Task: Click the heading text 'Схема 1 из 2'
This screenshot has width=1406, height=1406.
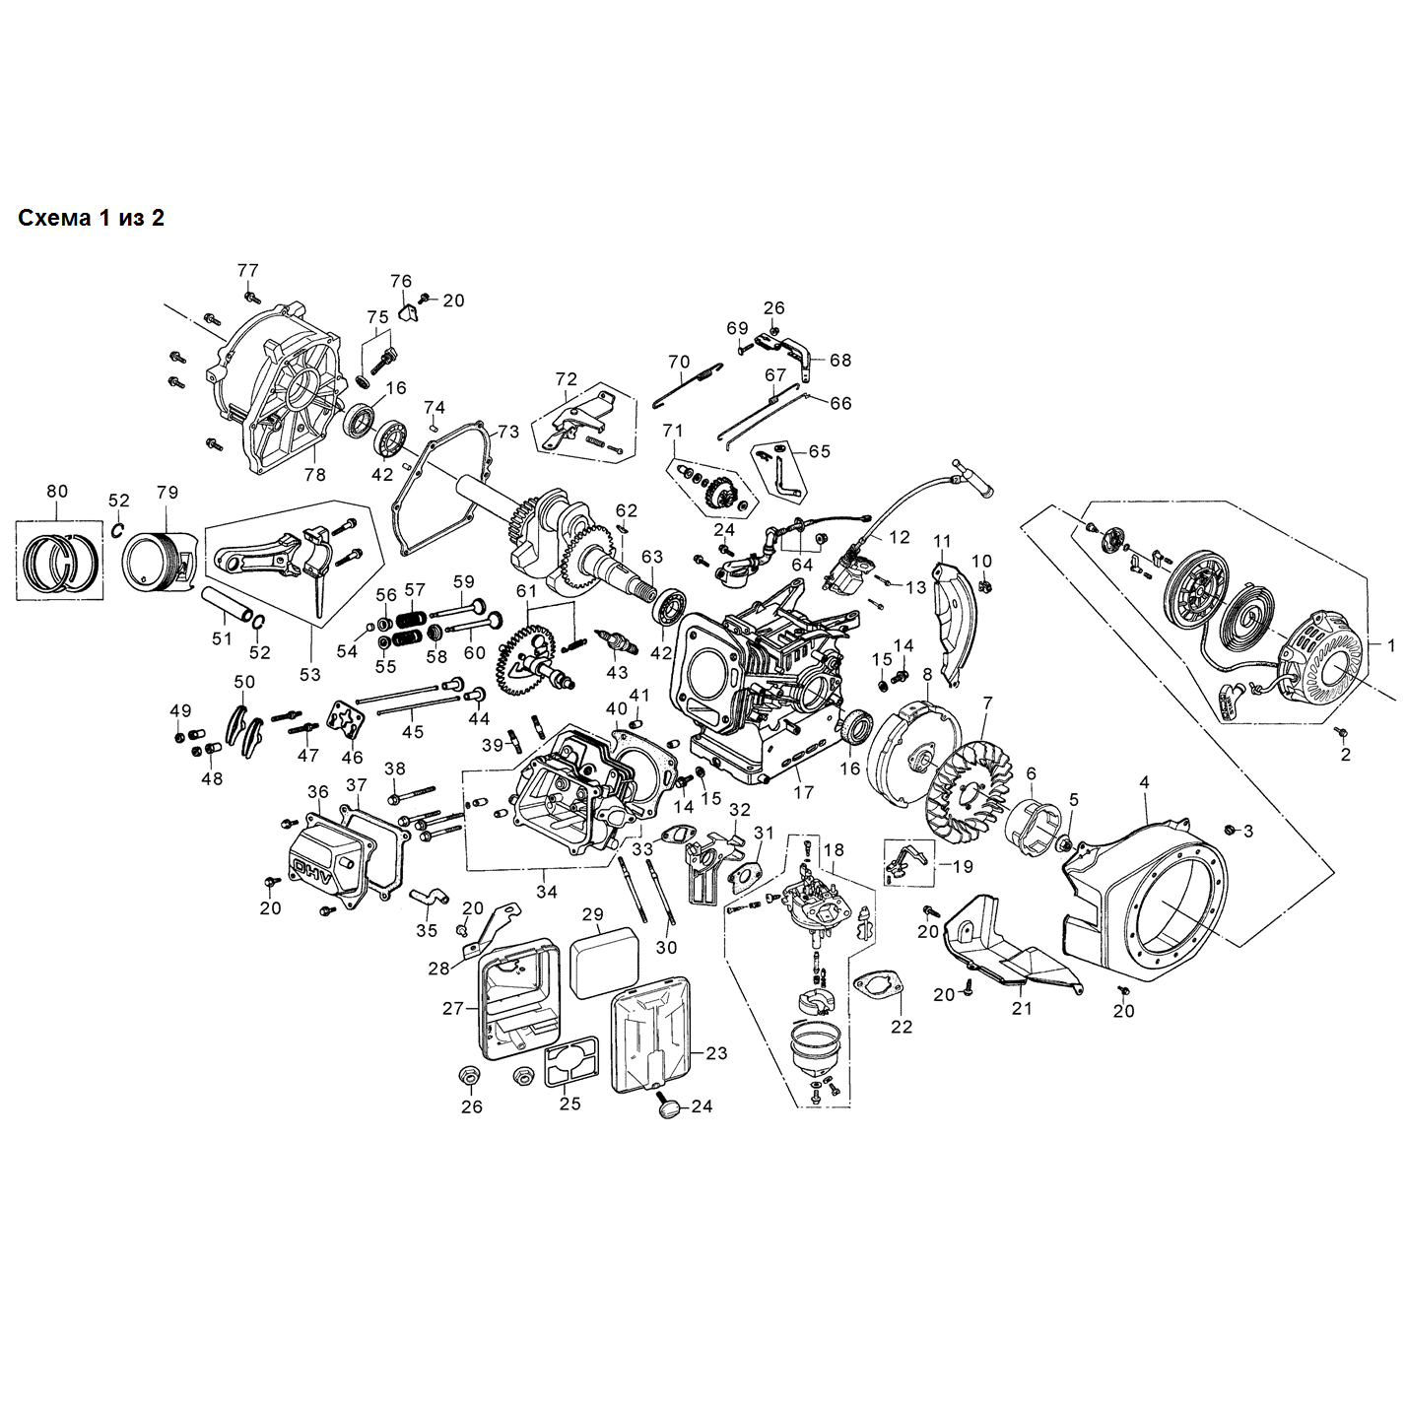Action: pos(91,218)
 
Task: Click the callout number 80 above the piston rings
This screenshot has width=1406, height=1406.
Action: pos(57,491)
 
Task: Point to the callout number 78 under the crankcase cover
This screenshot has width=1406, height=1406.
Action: pos(314,475)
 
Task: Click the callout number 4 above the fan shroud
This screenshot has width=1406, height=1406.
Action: pos(1144,782)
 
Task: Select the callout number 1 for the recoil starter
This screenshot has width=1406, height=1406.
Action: pos(1391,645)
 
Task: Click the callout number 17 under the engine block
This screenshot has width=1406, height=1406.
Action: pos(804,791)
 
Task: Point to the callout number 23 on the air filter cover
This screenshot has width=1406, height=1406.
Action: pos(716,1053)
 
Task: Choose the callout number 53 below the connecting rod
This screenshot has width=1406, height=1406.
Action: pos(310,674)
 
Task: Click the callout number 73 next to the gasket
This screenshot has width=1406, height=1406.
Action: pos(507,432)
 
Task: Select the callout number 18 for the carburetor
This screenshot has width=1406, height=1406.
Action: pos(834,849)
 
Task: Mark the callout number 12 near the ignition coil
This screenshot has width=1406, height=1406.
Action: pos(899,537)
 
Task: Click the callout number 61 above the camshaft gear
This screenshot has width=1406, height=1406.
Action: pos(527,591)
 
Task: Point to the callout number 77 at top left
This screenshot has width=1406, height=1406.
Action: pos(247,270)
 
